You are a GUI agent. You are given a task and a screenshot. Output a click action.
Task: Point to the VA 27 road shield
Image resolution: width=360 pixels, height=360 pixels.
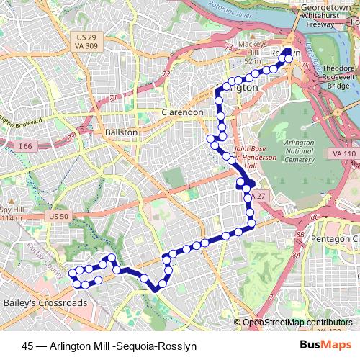(260, 196)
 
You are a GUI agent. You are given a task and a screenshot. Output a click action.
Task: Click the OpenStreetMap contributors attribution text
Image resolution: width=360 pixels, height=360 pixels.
(299, 323)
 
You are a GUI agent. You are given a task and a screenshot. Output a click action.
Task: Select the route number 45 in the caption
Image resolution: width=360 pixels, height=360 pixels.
(27, 346)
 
